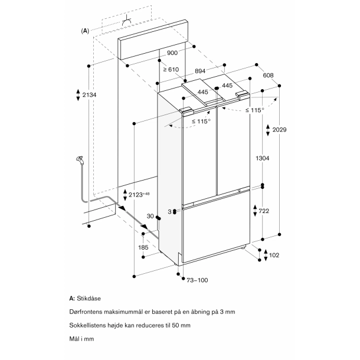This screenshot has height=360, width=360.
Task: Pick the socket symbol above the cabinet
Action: click(x=126, y=22)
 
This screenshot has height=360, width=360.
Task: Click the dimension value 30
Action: click(x=150, y=217)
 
